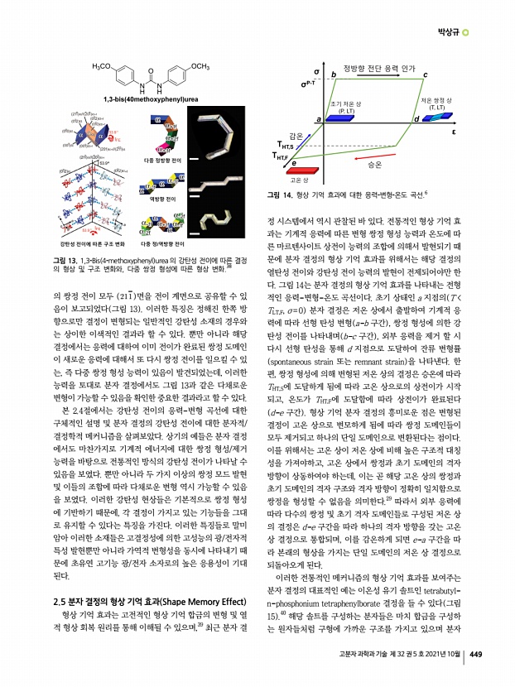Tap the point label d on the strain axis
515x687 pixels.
click(x=415, y=120)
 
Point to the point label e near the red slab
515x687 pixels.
click(x=293, y=164)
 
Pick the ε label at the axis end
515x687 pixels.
click(x=455, y=132)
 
